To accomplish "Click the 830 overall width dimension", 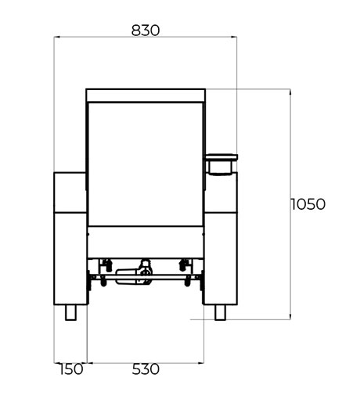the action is coord(146,31).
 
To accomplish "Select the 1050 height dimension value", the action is coord(308,204).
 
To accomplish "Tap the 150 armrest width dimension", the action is coord(71,369).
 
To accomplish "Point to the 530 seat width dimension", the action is coord(146,369).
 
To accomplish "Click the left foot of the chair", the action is coord(70,312).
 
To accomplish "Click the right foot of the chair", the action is coord(220,312).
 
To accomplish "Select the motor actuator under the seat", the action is coord(134,276).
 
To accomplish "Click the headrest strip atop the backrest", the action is coord(146,95).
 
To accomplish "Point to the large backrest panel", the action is coord(146,164).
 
